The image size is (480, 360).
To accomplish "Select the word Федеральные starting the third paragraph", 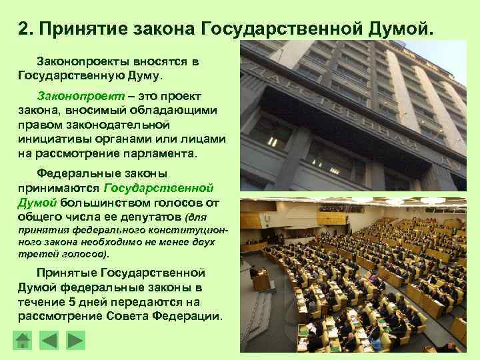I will [78, 173].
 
